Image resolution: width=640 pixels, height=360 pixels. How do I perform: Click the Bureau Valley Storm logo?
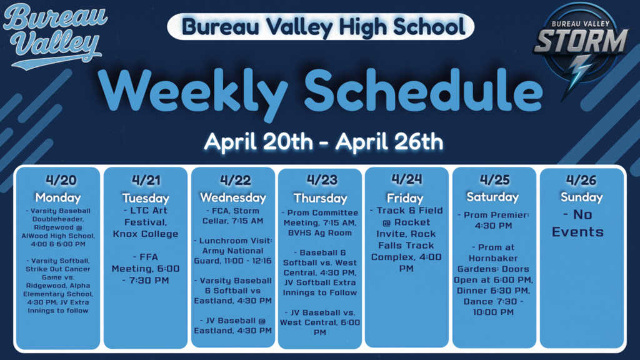(x=582, y=47)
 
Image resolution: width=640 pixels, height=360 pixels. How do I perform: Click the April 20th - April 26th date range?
(x=323, y=141)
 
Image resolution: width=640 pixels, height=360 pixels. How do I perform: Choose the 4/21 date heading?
(x=146, y=180)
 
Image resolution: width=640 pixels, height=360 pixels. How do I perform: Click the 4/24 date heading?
(x=406, y=179)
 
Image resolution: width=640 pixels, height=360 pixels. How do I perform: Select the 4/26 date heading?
(x=581, y=180)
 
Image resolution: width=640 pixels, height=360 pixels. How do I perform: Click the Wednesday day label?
(x=232, y=197)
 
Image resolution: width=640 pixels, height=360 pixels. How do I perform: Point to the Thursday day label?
(x=320, y=198)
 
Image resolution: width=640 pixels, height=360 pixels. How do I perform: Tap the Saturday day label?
(x=492, y=196)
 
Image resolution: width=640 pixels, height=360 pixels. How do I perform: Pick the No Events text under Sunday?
(x=577, y=223)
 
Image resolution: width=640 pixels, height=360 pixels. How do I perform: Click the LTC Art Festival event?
(x=146, y=222)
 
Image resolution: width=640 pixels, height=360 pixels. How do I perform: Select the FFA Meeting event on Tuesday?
(x=146, y=268)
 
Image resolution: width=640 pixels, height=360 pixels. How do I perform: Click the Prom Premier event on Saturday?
(x=493, y=219)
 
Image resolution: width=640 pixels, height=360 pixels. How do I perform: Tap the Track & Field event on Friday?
(x=406, y=239)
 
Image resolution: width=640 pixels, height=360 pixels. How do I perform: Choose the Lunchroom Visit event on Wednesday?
(x=232, y=251)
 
